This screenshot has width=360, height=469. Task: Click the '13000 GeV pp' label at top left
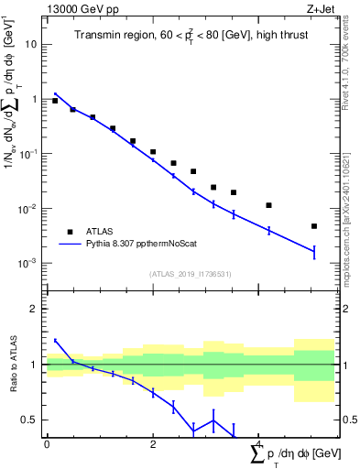coord(79,9)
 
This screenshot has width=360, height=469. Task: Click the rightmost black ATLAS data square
coord(314,226)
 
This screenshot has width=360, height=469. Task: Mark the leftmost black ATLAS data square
coord(55,101)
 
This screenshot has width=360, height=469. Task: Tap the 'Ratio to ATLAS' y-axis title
coord(12,364)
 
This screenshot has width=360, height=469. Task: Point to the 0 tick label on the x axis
coord(47,444)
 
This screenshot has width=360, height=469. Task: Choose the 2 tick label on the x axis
coord(153,444)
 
